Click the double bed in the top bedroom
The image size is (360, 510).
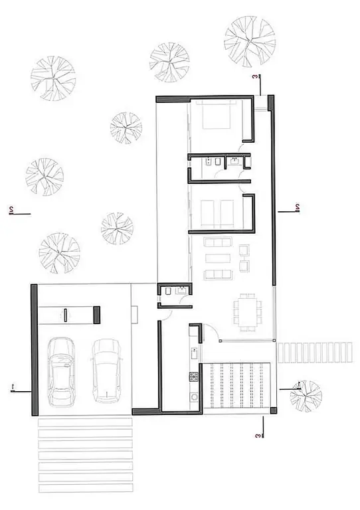[217, 115]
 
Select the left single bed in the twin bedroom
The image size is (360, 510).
[207, 214]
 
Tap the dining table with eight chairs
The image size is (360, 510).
[248, 312]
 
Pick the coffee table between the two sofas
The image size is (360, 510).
[218, 258]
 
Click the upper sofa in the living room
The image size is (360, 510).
[218, 242]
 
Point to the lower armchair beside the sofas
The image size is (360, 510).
[244, 266]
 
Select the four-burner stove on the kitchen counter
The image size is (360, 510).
[194, 377]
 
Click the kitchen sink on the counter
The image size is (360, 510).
[194, 353]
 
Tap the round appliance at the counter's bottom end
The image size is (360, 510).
[194, 397]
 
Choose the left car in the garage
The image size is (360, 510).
[61, 372]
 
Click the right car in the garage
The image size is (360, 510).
[106, 371]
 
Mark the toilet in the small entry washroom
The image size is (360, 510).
[169, 291]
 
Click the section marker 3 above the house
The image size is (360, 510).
[257, 77]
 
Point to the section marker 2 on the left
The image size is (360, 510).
[11, 210]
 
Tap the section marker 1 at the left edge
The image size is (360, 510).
[13, 388]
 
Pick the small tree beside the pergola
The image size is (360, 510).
[306, 396]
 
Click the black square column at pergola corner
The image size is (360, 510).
[274, 410]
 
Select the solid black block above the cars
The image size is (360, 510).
[97, 315]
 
